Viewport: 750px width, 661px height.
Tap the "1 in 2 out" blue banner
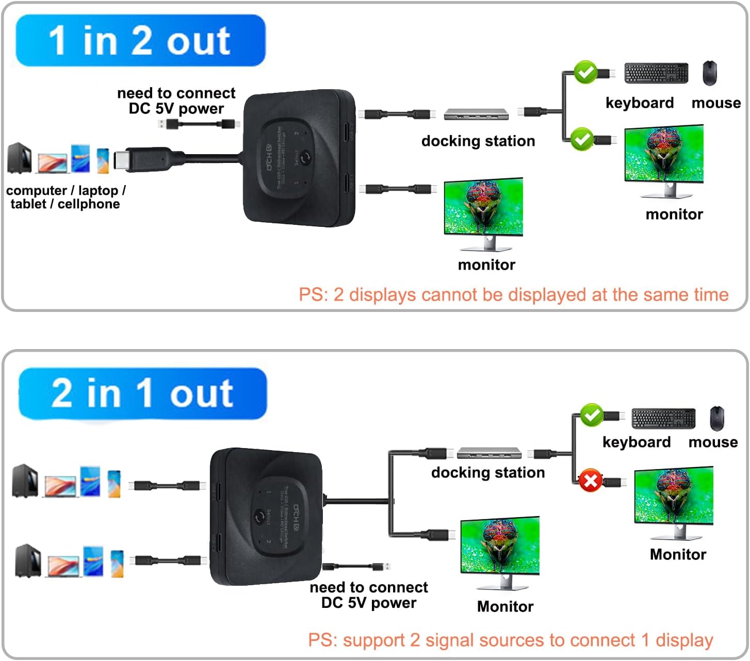coord(140,41)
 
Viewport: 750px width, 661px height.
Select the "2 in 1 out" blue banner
coord(142,393)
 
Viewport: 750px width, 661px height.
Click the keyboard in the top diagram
coord(656,73)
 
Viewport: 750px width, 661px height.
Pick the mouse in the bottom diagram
coord(716,418)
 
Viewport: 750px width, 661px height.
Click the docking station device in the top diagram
coord(476,114)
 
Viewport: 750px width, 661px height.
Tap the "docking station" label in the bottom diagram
coord(487,472)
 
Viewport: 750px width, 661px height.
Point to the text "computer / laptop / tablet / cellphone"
coord(66,197)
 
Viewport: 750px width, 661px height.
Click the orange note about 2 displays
coord(513,294)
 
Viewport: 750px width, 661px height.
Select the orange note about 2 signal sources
coord(510,640)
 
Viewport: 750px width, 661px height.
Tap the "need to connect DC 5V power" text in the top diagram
coord(176,101)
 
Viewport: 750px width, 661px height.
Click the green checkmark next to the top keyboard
coord(585,72)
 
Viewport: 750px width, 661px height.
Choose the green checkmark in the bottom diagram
coord(592,415)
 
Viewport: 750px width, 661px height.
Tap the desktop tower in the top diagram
coord(20,158)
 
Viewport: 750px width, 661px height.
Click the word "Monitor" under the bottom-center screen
coord(505,606)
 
